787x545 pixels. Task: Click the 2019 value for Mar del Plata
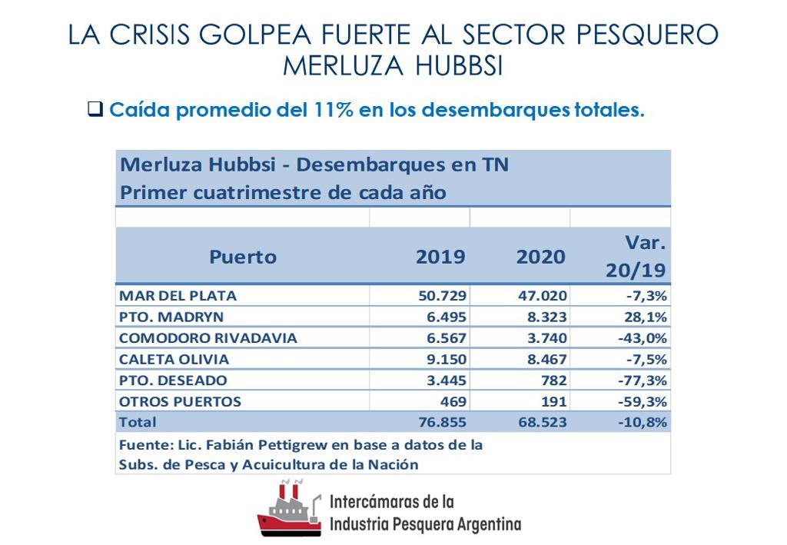(441, 296)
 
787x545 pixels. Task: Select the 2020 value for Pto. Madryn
(543, 317)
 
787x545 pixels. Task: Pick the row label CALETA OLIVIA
(174, 359)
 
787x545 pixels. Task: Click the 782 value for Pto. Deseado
(553, 381)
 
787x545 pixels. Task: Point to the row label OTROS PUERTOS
(180, 401)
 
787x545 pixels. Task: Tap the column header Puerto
(242, 257)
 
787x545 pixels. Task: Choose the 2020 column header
(540, 257)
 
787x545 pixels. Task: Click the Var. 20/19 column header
(636, 257)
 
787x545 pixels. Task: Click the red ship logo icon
(289, 508)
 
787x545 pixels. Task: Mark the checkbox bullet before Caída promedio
(95, 109)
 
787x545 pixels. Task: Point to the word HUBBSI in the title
(459, 66)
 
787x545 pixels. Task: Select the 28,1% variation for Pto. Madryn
(646, 317)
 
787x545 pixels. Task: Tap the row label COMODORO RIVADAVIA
(208, 338)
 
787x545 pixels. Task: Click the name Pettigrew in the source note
(271, 445)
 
